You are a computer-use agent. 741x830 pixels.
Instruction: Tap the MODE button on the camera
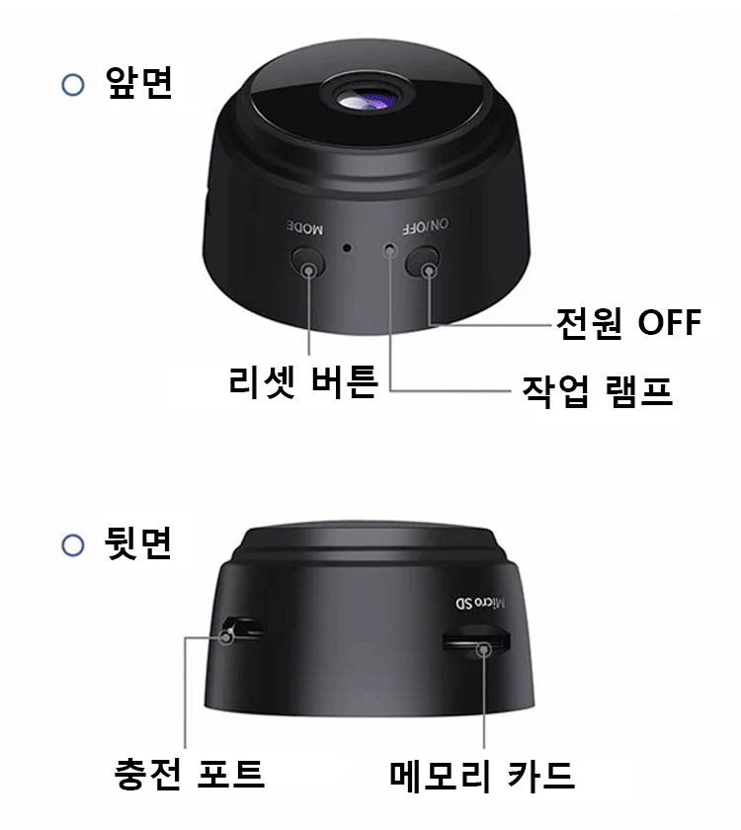point(307,263)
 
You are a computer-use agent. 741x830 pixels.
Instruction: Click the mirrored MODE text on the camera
point(305,227)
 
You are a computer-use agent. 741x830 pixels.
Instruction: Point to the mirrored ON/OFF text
point(425,226)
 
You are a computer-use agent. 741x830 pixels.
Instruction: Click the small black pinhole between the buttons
point(347,247)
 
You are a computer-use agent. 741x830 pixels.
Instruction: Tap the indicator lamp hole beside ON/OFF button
point(390,249)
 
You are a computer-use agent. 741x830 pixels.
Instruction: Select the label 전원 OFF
point(628,322)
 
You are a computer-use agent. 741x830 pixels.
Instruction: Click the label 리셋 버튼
point(303,380)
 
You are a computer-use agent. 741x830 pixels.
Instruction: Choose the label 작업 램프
point(597,391)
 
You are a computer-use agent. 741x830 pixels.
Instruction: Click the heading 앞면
point(139,82)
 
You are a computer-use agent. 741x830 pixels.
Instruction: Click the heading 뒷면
point(138,542)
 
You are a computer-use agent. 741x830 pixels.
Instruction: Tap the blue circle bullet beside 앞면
point(73,85)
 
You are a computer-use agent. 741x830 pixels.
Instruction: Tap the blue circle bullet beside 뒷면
point(73,545)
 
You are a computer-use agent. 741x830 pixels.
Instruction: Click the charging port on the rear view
point(243,627)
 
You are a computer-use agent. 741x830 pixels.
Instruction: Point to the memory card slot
point(476,641)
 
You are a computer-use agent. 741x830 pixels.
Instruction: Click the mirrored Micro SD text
point(480,603)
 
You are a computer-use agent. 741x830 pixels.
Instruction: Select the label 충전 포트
point(190,774)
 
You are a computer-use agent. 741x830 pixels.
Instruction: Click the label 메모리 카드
point(482,776)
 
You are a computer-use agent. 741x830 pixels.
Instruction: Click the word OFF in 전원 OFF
point(670,322)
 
